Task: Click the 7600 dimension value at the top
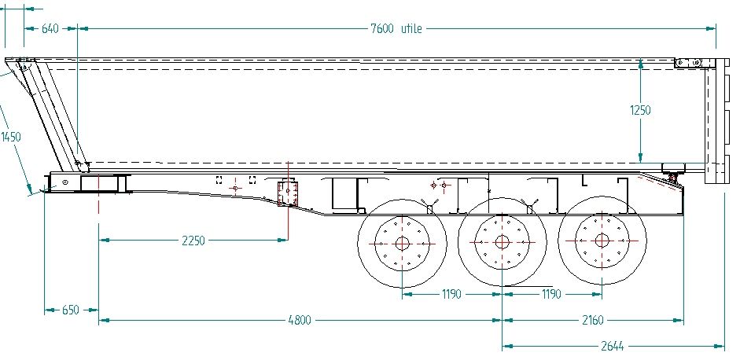tap(383, 29)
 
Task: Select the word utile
tap(411, 29)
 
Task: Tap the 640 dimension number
tap(50, 29)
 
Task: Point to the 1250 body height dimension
tap(640, 111)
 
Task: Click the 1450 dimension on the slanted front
tap(11, 137)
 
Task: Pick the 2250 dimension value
tap(192, 241)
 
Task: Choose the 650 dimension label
tap(71, 310)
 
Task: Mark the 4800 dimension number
tap(299, 320)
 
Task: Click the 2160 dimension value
tap(593, 320)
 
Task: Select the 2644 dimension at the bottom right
tap(613, 346)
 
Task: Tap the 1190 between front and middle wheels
tap(451, 294)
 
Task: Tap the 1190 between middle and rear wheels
tap(551, 294)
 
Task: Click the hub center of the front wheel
tap(401, 243)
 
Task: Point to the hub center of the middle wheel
tap(501, 242)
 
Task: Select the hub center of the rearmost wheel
tap(602, 241)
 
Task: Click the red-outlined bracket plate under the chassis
tap(288, 193)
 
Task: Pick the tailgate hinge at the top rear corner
tap(690, 62)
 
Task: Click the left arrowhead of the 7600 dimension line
tap(83, 29)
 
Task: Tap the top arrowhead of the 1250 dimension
tap(642, 64)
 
